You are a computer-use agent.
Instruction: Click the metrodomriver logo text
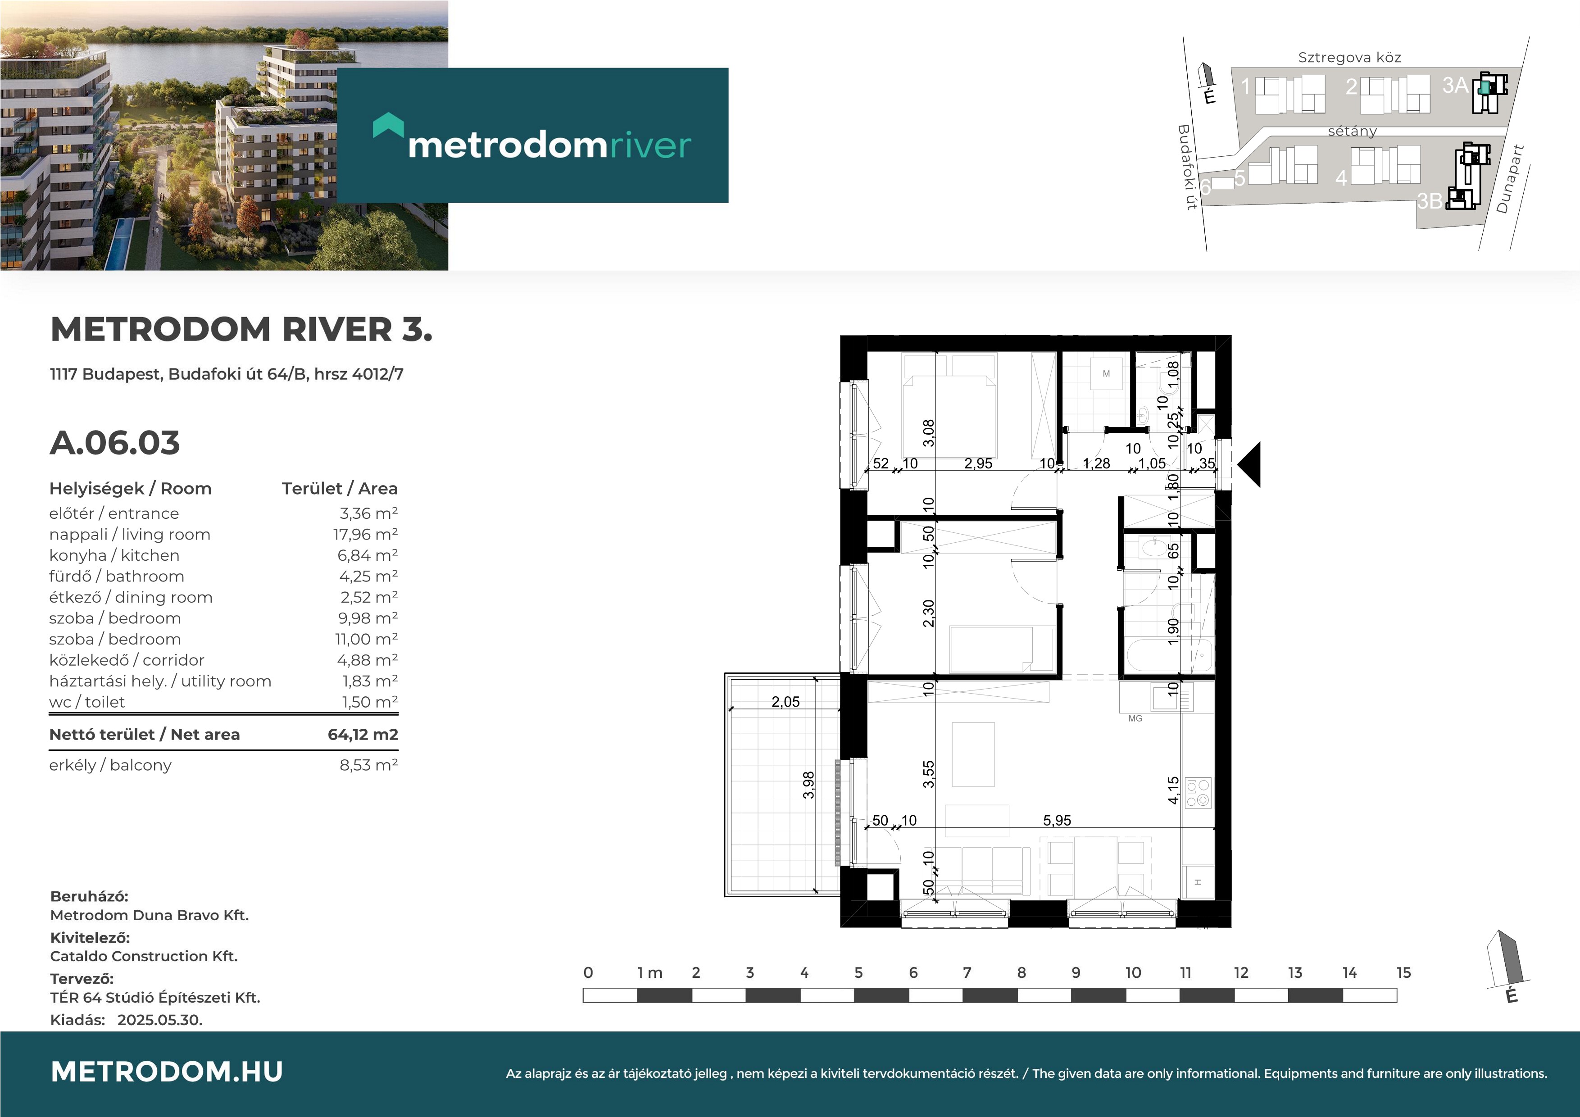click(549, 145)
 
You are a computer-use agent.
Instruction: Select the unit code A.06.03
click(115, 443)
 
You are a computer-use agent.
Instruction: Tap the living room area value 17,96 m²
click(365, 534)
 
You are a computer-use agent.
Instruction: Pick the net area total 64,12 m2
click(363, 734)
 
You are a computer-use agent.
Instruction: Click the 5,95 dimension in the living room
click(1057, 820)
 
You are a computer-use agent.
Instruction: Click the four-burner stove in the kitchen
click(1198, 792)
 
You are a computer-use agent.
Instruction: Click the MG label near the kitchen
click(1135, 718)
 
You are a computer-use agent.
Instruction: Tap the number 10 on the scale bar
click(1133, 972)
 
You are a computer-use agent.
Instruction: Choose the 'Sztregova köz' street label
click(1349, 58)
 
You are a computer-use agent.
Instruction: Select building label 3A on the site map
click(1455, 85)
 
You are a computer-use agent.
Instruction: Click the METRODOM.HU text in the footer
click(167, 1072)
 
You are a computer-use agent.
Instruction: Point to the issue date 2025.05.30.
click(159, 1020)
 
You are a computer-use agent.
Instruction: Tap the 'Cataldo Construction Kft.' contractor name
click(144, 956)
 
